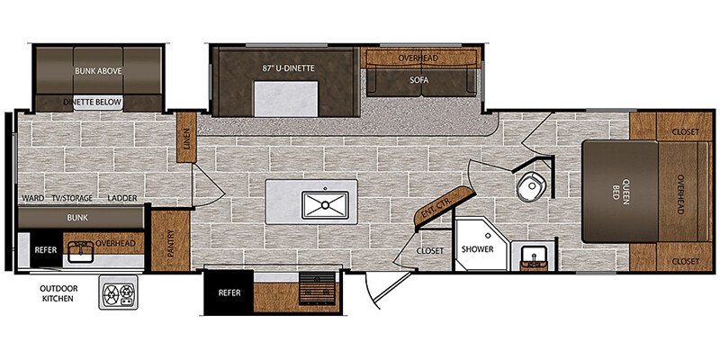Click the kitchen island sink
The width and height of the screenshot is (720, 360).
pyautogui.click(x=325, y=205)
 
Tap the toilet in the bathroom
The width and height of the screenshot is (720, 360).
pyautogui.click(x=531, y=186)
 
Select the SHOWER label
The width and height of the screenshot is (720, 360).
pyautogui.click(x=478, y=249)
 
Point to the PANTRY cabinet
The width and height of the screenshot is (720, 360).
pyautogui.click(x=170, y=241)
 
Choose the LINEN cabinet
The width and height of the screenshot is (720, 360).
pyautogui.click(x=186, y=138)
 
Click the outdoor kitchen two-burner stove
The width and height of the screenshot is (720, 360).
pyautogui.click(x=118, y=292)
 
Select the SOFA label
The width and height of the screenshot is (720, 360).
pyautogui.click(x=419, y=80)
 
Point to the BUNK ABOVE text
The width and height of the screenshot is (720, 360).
pyautogui.click(x=98, y=71)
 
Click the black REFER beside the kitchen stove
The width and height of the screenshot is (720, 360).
pyautogui.click(x=229, y=292)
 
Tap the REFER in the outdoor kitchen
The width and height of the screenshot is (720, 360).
pyautogui.click(x=46, y=250)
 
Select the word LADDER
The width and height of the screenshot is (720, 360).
pyautogui.click(x=122, y=198)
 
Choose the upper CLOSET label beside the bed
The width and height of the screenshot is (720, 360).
pyautogui.click(x=685, y=131)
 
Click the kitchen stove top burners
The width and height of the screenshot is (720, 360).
pyautogui.click(x=318, y=288)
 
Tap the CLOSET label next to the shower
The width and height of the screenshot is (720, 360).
pyautogui.click(x=430, y=251)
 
